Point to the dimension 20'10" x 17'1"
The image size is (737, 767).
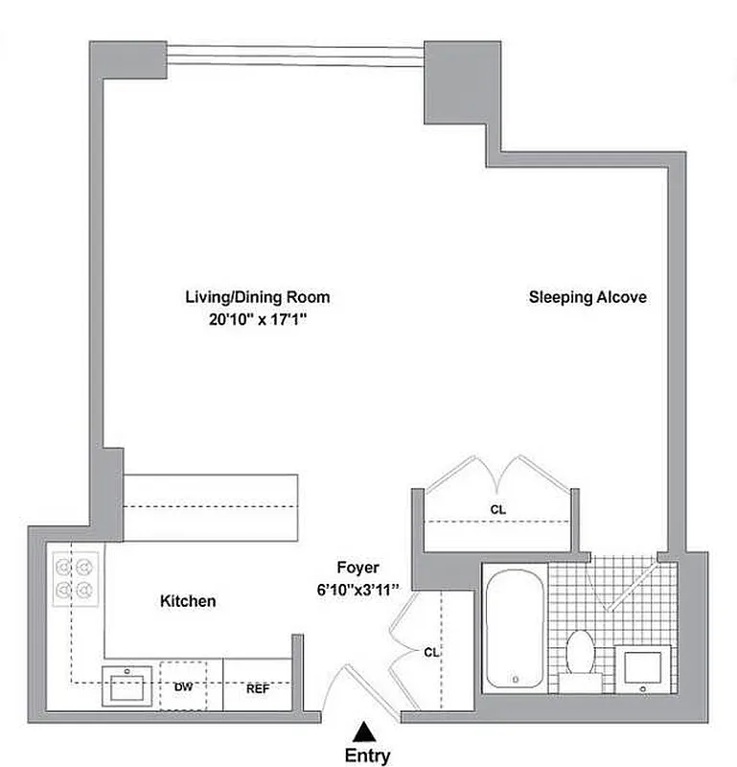[256, 322]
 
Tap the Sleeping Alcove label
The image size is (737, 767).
[587, 297]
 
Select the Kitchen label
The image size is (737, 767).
[187, 601]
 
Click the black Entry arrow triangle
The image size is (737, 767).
[363, 732]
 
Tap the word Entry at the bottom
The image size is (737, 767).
[367, 755]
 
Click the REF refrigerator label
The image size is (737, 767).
[258, 687]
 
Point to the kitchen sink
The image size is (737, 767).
[127, 686]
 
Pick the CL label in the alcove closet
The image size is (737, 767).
[497, 510]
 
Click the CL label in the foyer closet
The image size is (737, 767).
[431, 651]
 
